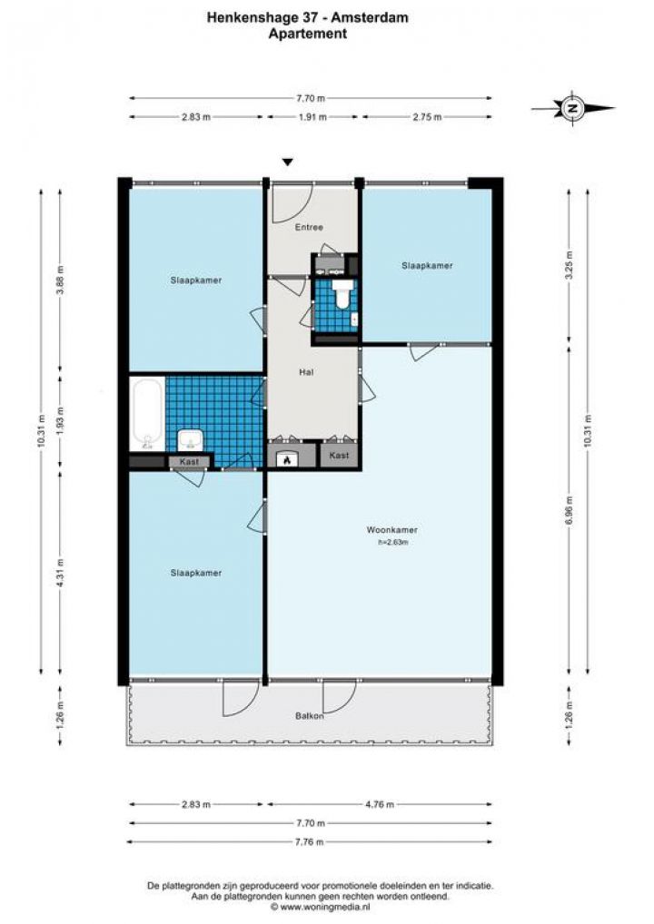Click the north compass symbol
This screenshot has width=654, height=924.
click(572, 108)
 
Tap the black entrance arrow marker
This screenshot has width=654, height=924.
click(287, 162)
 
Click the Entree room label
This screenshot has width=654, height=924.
click(309, 227)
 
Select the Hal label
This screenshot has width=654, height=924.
click(307, 372)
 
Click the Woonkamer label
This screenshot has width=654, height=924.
click(392, 530)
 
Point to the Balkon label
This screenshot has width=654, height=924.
click(310, 716)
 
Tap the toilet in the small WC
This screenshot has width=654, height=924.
click(342, 294)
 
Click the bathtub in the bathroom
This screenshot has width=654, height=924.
click(147, 414)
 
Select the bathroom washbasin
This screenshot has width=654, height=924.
click(191, 439)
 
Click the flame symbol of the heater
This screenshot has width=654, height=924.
click(287, 459)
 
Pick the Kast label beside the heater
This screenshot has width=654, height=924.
click(339, 456)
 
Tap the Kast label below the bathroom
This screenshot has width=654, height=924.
click(189, 462)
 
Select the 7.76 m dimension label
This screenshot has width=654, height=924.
click(309, 841)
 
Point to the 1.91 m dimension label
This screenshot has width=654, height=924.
click(312, 117)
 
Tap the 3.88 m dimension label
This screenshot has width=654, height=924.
click(60, 281)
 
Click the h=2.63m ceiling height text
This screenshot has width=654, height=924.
click(393, 542)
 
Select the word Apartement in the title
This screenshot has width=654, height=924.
click(307, 34)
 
